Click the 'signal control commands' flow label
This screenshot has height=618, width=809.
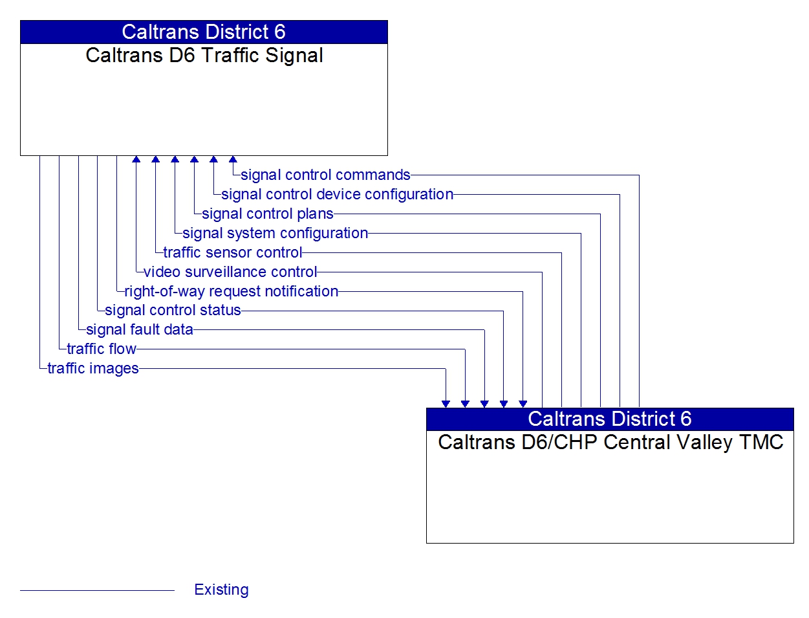(325, 175)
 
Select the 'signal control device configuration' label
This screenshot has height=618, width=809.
(337, 194)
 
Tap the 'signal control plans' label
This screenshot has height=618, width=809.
(268, 214)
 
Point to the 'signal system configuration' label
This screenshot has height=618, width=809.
(275, 233)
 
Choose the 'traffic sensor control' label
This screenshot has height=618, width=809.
(232, 252)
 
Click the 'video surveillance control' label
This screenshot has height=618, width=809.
(230, 272)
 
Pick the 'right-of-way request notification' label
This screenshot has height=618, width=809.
(231, 291)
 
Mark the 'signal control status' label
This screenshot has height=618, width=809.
(173, 310)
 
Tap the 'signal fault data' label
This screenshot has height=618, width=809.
(139, 329)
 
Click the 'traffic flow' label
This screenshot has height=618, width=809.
(102, 349)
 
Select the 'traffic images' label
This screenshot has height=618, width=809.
(93, 368)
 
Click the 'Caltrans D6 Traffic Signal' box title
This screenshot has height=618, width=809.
(204, 56)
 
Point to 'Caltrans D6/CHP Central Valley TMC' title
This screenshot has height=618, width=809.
(610, 443)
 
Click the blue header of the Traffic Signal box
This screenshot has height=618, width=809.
(204, 32)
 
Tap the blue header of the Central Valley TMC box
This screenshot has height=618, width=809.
(610, 419)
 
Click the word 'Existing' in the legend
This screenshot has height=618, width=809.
(221, 590)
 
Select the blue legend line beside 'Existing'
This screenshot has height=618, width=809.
(97, 590)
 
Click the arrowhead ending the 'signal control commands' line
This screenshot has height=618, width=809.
(233, 160)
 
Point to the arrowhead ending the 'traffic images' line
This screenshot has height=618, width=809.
(446, 404)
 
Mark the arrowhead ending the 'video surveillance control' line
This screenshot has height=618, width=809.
(136, 160)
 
